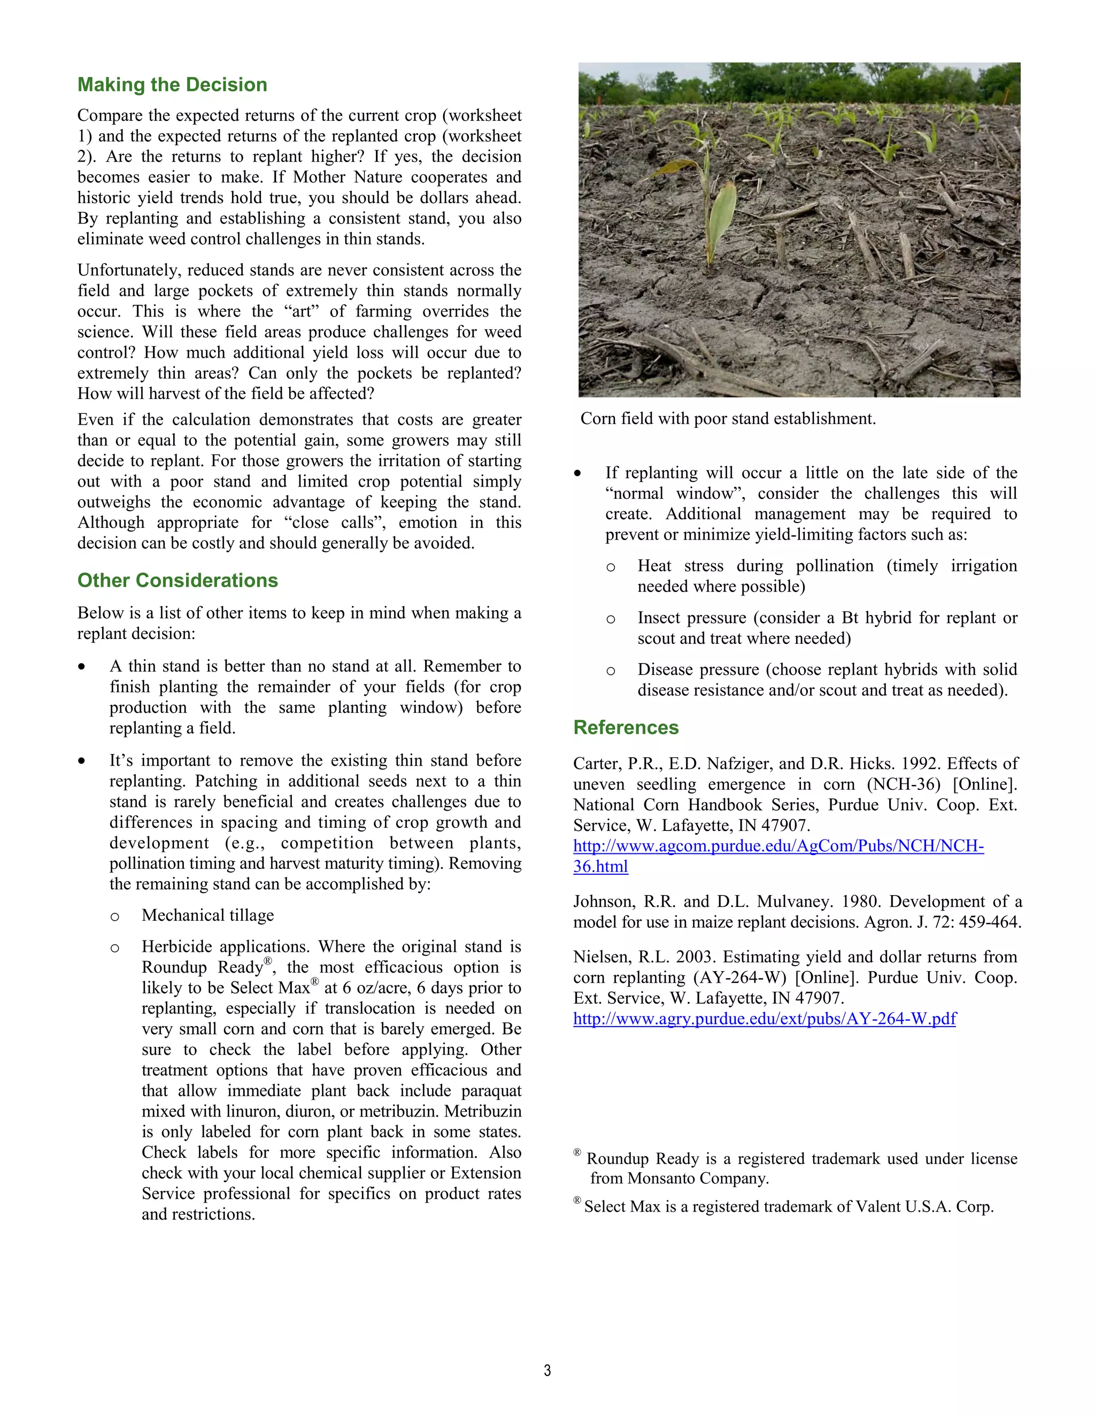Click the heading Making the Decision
coord(172,85)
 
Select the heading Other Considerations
coord(177,580)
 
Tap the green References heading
coord(626,727)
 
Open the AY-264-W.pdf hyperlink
coord(764,1019)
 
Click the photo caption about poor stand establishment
coord(727,419)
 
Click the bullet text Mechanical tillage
coord(207,915)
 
